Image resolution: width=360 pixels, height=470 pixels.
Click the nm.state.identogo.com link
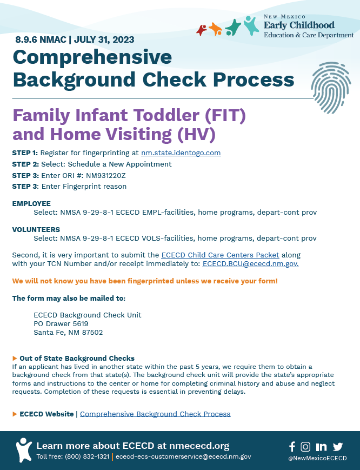coord(181,153)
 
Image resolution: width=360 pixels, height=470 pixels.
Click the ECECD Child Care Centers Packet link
coord(220,255)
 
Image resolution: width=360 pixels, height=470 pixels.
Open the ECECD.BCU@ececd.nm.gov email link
coord(250,264)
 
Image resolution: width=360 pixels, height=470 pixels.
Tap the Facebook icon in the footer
coord(292,446)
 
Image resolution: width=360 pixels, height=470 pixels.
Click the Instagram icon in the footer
coord(305,446)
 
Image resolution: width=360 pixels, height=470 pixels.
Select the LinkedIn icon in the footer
coord(321,446)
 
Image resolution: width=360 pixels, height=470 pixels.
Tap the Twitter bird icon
coord(338,446)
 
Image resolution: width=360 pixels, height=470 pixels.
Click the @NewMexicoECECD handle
coord(317,458)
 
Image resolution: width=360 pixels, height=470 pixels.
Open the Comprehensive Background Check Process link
coord(155,414)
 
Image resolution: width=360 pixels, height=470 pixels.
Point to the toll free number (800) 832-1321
coord(87,457)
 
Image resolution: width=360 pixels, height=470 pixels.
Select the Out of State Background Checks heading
coord(77,358)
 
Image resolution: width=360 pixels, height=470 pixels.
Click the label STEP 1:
coord(25,153)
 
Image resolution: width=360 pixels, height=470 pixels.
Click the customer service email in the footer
coord(183,457)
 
